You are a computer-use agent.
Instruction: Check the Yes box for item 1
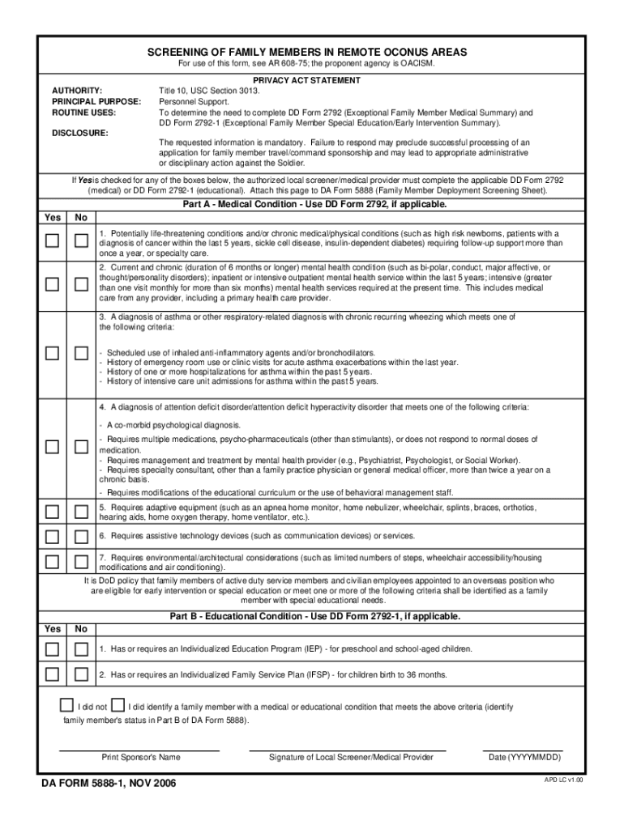[x=53, y=240]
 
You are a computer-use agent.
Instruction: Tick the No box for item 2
[x=81, y=284]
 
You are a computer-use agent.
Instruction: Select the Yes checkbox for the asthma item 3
[x=53, y=353]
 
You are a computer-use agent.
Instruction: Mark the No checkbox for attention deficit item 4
[x=81, y=447]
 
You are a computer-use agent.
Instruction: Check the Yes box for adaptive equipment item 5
[x=53, y=511]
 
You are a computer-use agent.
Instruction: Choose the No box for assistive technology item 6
[x=81, y=536]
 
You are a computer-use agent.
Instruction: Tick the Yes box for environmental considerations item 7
[x=53, y=561]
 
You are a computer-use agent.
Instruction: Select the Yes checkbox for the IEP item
[x=53, y=649]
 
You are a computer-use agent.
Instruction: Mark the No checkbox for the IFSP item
[x=81, y=674]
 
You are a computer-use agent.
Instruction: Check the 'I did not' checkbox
[x=68, y=704]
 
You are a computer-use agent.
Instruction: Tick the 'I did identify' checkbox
[x=118, y=704]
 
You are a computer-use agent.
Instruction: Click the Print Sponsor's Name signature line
[x=140, y=749]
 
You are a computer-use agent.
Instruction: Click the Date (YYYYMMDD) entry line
[x=524, y=749]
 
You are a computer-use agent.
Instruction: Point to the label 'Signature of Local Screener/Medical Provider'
[x=350, y=758]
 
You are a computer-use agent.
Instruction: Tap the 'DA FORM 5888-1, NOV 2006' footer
[x=109, y=784]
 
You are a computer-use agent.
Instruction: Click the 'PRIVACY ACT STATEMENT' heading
[x=306, y=81]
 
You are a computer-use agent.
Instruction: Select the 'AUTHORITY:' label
[x=77, y=91]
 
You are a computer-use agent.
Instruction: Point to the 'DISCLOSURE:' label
[x=79, y=131]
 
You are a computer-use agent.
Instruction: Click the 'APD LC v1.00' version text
[x=564, y=780]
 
